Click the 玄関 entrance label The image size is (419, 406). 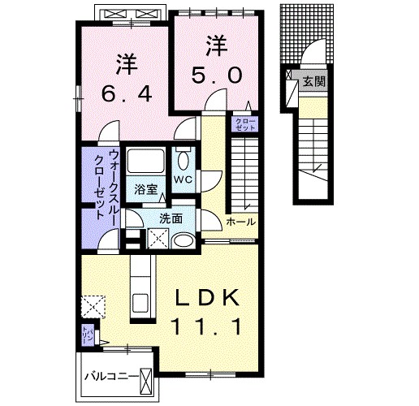tap(313, 81)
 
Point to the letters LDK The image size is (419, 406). tap(208, 300)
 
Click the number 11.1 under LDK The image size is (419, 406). tap(208, 328)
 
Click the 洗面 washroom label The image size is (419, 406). tap(171, 218)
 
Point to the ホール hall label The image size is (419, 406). tap(240, 222)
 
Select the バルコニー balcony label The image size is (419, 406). tap(110, 376)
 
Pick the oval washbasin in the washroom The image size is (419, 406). tap(184, 240)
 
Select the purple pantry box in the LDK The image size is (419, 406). tap(87, 334)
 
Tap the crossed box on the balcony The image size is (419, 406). tap(146, 378)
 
